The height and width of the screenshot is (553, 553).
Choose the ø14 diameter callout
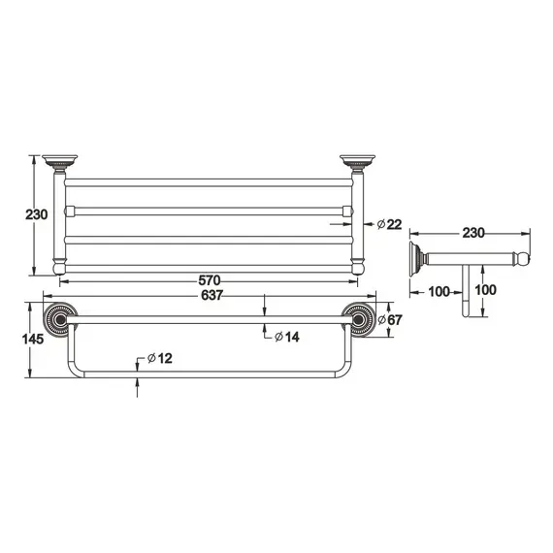(x=287, y=336)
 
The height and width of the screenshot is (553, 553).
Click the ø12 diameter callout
(x=160, y=360)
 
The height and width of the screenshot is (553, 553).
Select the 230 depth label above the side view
(x=472, y=233)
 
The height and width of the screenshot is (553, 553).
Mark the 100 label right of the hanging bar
(x=486, y=289)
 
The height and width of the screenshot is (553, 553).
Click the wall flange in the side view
(x=418, y=258)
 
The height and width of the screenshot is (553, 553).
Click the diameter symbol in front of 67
(x=379, y=319)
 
